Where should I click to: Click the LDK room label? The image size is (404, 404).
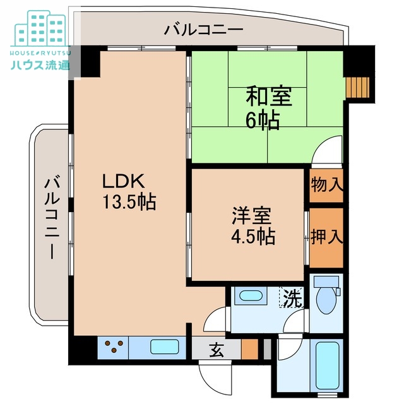click(x=126, y=181)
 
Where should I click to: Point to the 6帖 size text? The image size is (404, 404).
click(x=263, y=120)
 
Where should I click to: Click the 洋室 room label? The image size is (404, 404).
click(x=251, y=215)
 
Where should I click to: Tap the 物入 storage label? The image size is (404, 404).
click(x=326, y=185)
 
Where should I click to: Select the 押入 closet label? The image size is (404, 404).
click(x=326, y=236)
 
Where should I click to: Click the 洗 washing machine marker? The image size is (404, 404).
click(x=291, y=297)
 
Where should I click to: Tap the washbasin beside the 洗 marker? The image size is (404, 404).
click(x=252, y=295)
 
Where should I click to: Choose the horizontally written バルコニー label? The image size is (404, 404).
click(x=203, y=29)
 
